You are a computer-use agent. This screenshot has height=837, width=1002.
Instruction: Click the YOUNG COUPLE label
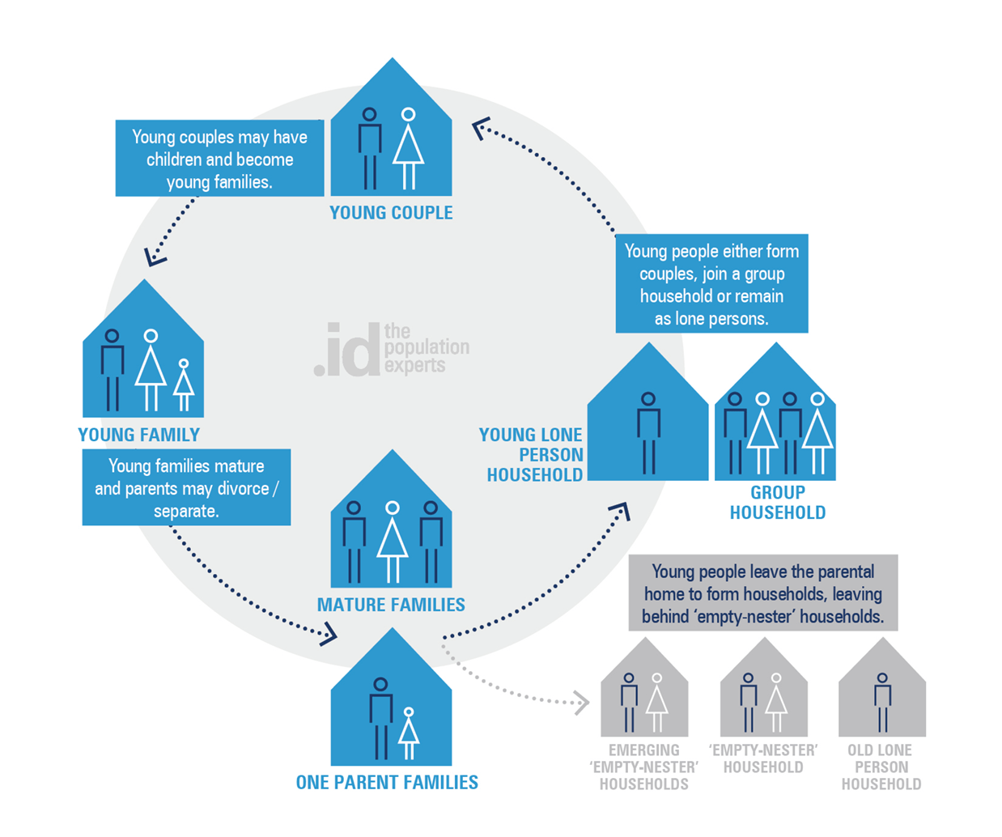coord(391,213)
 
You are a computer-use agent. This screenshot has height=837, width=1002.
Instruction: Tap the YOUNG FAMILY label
coord(138,435)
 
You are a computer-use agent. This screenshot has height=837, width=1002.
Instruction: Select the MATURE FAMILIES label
coord(391,605)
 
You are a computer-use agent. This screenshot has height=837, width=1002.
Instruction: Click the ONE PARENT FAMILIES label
coord(387,783)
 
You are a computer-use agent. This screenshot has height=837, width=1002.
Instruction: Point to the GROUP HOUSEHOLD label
coord(777,502)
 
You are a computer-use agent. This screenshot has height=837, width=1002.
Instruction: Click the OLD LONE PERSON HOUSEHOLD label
coord(881,767)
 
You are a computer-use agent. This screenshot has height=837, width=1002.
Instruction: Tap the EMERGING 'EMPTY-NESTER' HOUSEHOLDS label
coord(643,767)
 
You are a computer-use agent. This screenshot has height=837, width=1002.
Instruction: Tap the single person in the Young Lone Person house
coord(648,432)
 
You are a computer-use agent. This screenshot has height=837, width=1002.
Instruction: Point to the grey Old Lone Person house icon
coord(882,688)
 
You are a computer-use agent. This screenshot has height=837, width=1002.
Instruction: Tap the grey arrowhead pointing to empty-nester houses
coord(581,703)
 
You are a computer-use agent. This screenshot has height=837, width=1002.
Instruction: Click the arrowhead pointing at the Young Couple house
coord(482,127)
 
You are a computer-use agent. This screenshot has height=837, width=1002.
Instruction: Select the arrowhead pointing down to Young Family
coord(154,257)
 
